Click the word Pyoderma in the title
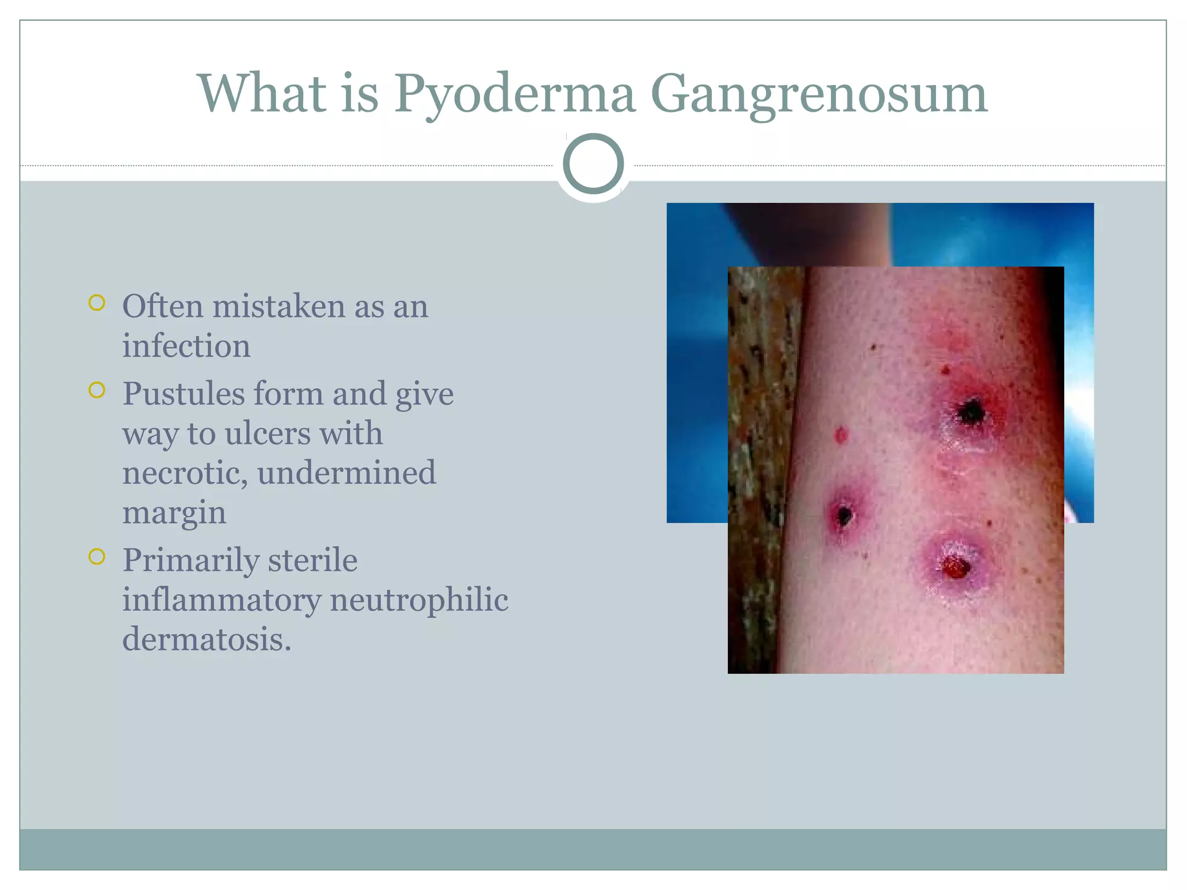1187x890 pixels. [x=515, y=94]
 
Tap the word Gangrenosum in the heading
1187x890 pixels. [x=818, y=94]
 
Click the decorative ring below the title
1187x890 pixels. [x=593, y=164]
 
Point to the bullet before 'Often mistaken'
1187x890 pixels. [x=97, y=303]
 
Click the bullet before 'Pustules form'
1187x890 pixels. [x=97, y=391]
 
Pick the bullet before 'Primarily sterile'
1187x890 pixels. [x=97, y=557]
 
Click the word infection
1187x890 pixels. [x=186, y=346]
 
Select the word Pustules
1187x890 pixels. [x=184, y=394]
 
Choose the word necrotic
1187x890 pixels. [x=185, y=473]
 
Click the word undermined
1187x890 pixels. [x=346, y=473]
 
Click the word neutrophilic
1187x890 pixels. [x=419, y=600]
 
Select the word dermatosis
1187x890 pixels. [x=206, y=640]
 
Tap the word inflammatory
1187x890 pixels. [x=221, y=600]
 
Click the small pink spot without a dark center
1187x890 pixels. [x=841, y=435]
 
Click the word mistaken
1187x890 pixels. [x=278, y=307]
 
